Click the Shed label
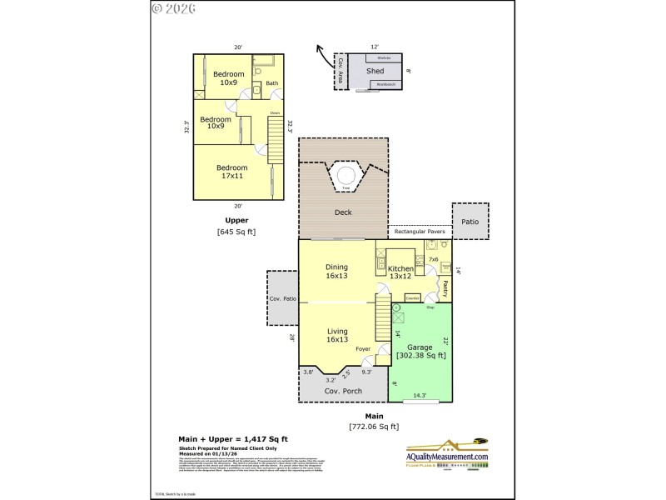click(x=375, y=72)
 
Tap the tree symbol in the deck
click(x=345, y=176)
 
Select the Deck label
click(x=343, y=212)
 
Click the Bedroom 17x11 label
click(x=232, y=172)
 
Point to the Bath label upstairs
click(x=271, y=83)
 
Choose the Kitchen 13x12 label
click(x=400, y=272)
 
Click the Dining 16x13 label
click(x=337, y=272)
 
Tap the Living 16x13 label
click(x=337, y=336)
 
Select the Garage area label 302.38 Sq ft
click(x=420, y=351)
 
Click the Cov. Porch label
click(x=341, y=391)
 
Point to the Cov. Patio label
click(x=282, y=298)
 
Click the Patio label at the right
click(x=470, y=222)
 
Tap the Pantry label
click(x=445, y=288)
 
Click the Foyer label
click(x=363, y=349)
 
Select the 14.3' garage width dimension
click(x=420, y=396)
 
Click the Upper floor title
click(x=236, y=221)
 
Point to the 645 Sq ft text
click(x=236, y=232)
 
